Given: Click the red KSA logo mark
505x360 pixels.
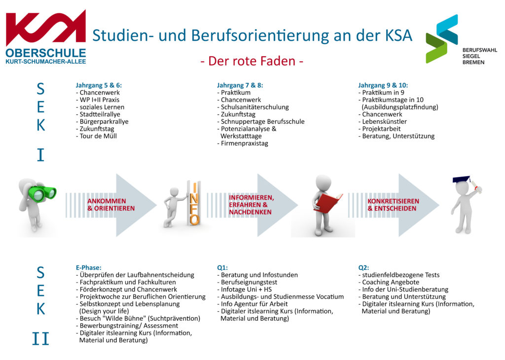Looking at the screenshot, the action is coord(46,28).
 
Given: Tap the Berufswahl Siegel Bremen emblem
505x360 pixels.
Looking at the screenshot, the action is coord(442,38).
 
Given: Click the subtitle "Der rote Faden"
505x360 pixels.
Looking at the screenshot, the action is coord(252,61).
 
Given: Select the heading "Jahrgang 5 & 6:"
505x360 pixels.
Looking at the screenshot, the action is coord(99,85).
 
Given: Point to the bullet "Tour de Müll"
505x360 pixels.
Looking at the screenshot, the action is coord(97,136).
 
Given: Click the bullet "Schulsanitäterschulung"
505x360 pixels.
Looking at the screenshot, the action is coord(253,107).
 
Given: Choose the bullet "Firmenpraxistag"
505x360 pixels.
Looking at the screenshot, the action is coord(243,144).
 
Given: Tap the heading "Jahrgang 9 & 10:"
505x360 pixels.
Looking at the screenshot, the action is coord(383,85).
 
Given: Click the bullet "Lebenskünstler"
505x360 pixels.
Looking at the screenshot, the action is coord(383,121).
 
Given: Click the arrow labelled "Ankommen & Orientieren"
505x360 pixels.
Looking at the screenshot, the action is coord(111,205).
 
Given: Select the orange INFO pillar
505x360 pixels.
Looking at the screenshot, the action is coord(194,203).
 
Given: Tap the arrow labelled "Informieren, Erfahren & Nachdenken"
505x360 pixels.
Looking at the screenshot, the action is coord(252,205).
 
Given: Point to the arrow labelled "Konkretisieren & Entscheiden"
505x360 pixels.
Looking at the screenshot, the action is coord(394,205).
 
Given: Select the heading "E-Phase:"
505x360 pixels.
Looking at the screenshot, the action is coord(89,268).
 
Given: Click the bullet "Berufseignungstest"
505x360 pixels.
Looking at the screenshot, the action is coord(248,282).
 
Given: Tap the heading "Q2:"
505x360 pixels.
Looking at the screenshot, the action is coord(363,268).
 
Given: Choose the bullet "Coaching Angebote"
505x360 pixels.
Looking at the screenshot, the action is coord(389,282).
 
